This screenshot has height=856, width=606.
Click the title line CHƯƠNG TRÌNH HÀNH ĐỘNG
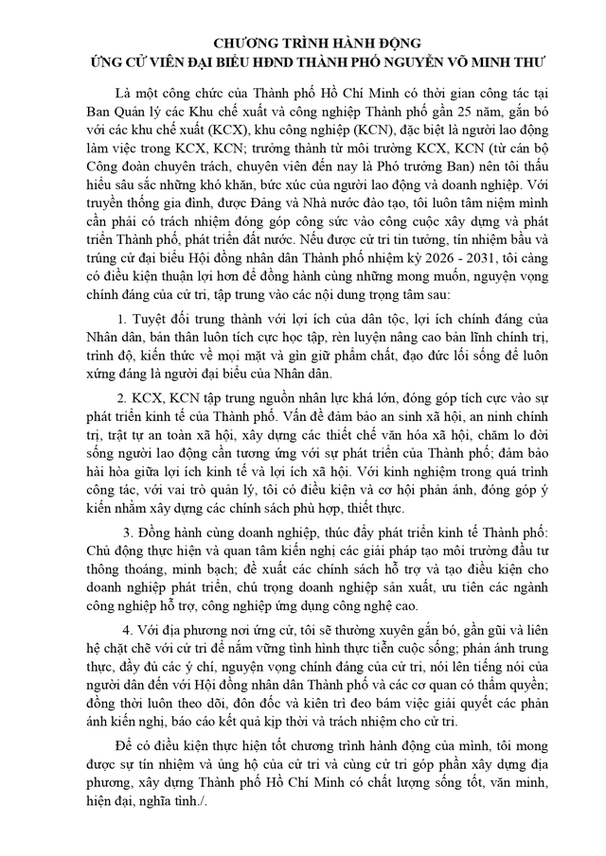[303, 45]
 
